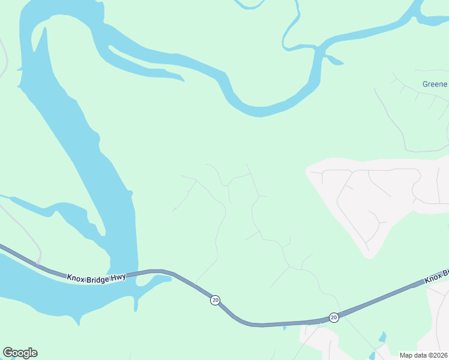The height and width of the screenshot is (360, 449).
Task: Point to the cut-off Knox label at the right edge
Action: tap(436, 278)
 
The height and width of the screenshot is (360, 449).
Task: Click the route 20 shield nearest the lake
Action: tap(214, 299)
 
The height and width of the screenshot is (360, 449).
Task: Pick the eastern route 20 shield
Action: tap(334, 317)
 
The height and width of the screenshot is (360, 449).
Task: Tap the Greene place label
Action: tap(435, 84)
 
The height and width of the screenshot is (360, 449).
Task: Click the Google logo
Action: tap(20, 353)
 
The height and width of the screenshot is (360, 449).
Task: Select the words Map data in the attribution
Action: tap(412, 355)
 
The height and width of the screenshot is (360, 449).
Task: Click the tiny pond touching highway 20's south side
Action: tap(285, 328)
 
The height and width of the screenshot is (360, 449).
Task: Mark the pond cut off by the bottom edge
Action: tap(372, 356)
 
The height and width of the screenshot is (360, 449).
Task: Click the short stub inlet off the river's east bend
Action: tap(334, 59)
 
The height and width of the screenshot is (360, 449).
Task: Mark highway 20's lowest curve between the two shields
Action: tap(258, 325)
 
